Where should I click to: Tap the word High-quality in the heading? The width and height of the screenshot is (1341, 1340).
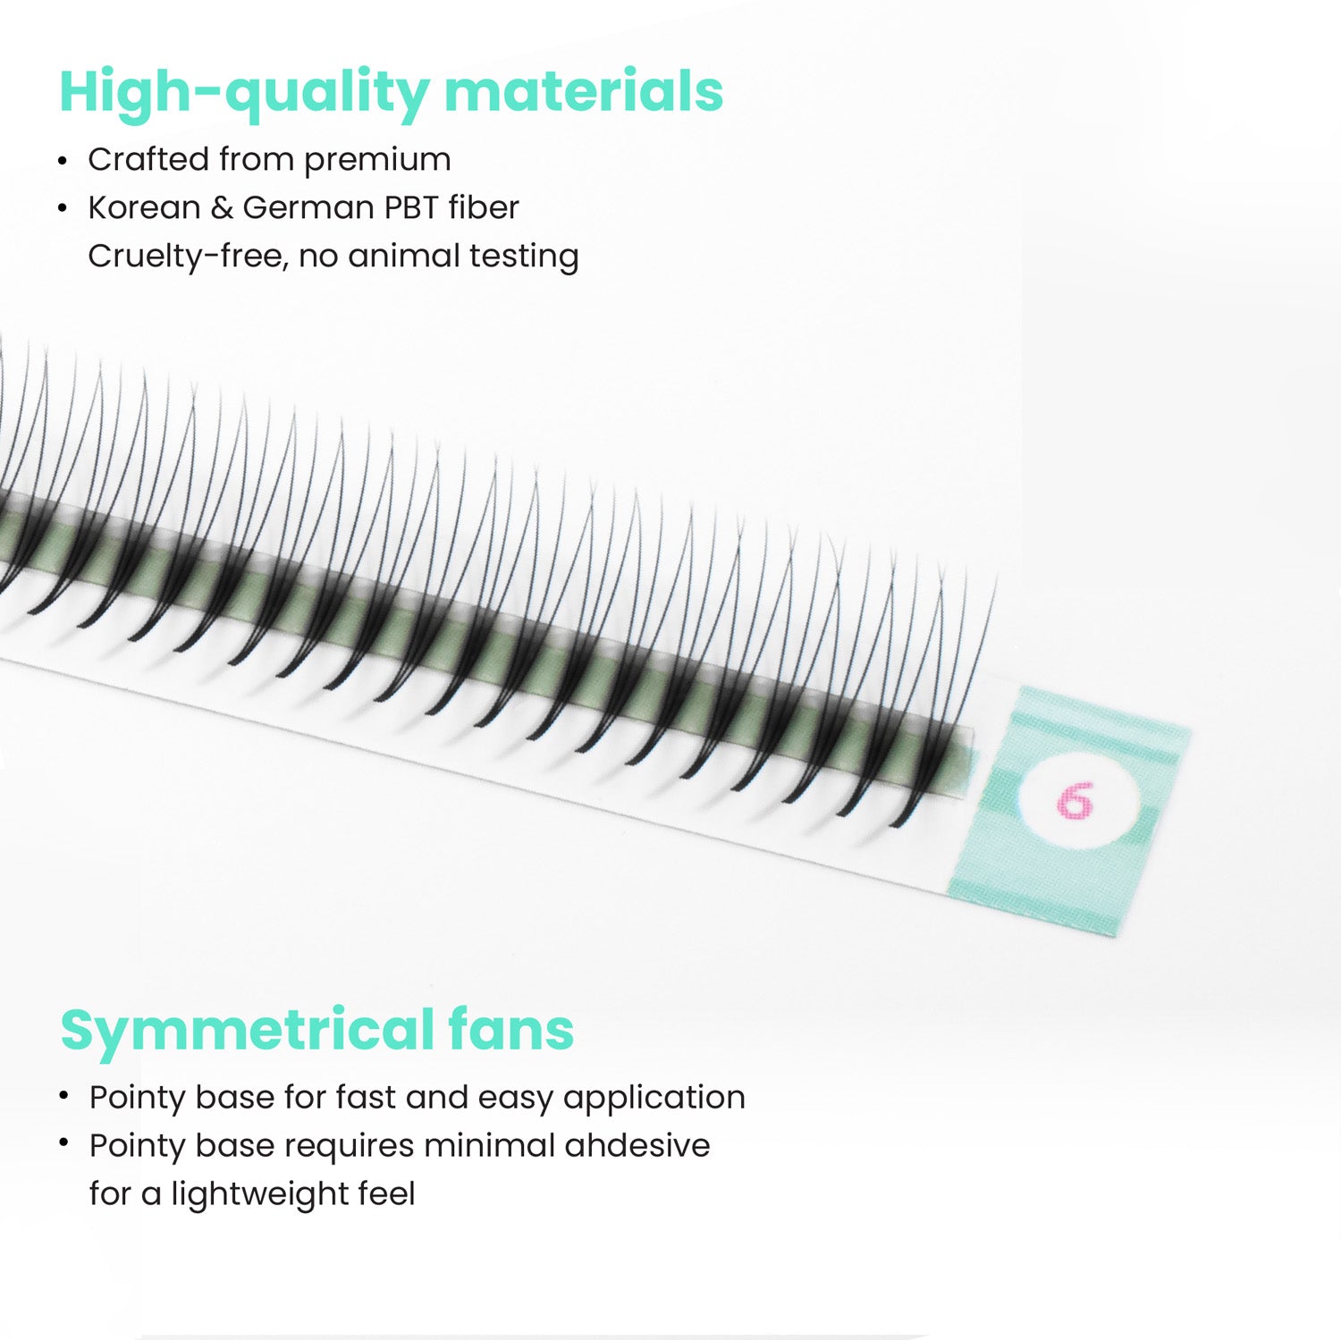point(244,92)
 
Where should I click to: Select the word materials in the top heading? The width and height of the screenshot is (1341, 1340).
point(584,92)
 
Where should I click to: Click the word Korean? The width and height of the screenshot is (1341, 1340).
point(144,207)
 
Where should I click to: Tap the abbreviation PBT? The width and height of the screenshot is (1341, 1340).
point(410,207)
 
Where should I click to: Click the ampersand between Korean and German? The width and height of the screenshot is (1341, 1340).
point(221,207)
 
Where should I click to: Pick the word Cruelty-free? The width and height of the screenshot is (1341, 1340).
point(188,256)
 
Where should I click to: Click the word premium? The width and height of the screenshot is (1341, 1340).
point(377,161)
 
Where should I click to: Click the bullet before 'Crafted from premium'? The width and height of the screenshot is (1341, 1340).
point(63,162)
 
